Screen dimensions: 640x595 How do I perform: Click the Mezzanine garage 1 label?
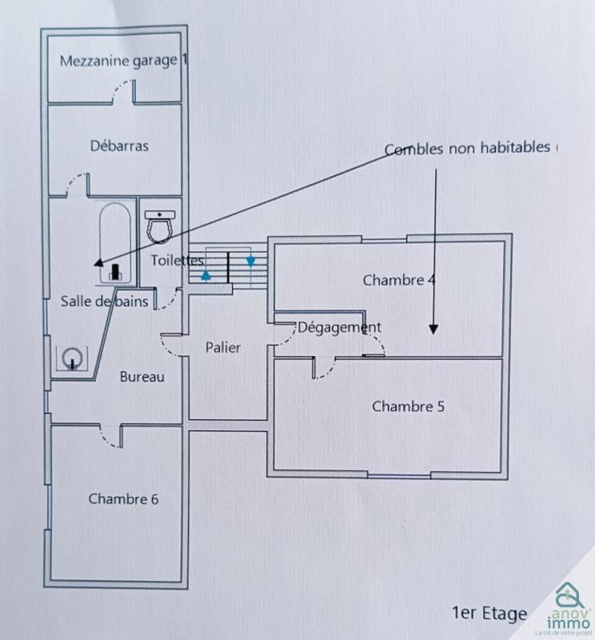(x=124, y=61)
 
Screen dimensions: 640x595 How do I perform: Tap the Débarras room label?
(x=119, y=146)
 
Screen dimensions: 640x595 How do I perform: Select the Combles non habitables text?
(x=468, y=149)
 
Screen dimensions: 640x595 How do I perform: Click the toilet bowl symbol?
(x=162, y=226)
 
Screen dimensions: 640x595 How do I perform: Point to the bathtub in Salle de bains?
(x=116, y=242)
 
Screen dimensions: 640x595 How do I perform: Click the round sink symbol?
(x=74, y=357)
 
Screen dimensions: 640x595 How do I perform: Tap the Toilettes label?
(x=178, y=260)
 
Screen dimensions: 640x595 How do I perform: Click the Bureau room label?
(x=142, y=376)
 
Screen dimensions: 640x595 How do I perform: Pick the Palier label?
(x=223, y=347)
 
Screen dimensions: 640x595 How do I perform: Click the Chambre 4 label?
(x=399, y=280)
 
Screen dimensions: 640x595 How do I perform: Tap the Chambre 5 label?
(x=408, y=406)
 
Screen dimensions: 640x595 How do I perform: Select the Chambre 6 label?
(x=123, y=498)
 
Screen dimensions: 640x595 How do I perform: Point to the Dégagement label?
(x=339, y=327)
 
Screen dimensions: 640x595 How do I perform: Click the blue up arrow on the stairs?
(x=206, y=276)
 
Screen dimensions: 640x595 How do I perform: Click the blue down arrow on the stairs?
(x=250, y=261)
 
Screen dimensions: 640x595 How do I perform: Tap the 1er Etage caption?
(x=489, y=613)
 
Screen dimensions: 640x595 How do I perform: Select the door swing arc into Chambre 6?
(x=104, y=435)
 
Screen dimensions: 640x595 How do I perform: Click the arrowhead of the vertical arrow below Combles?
(x=433, y=328)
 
